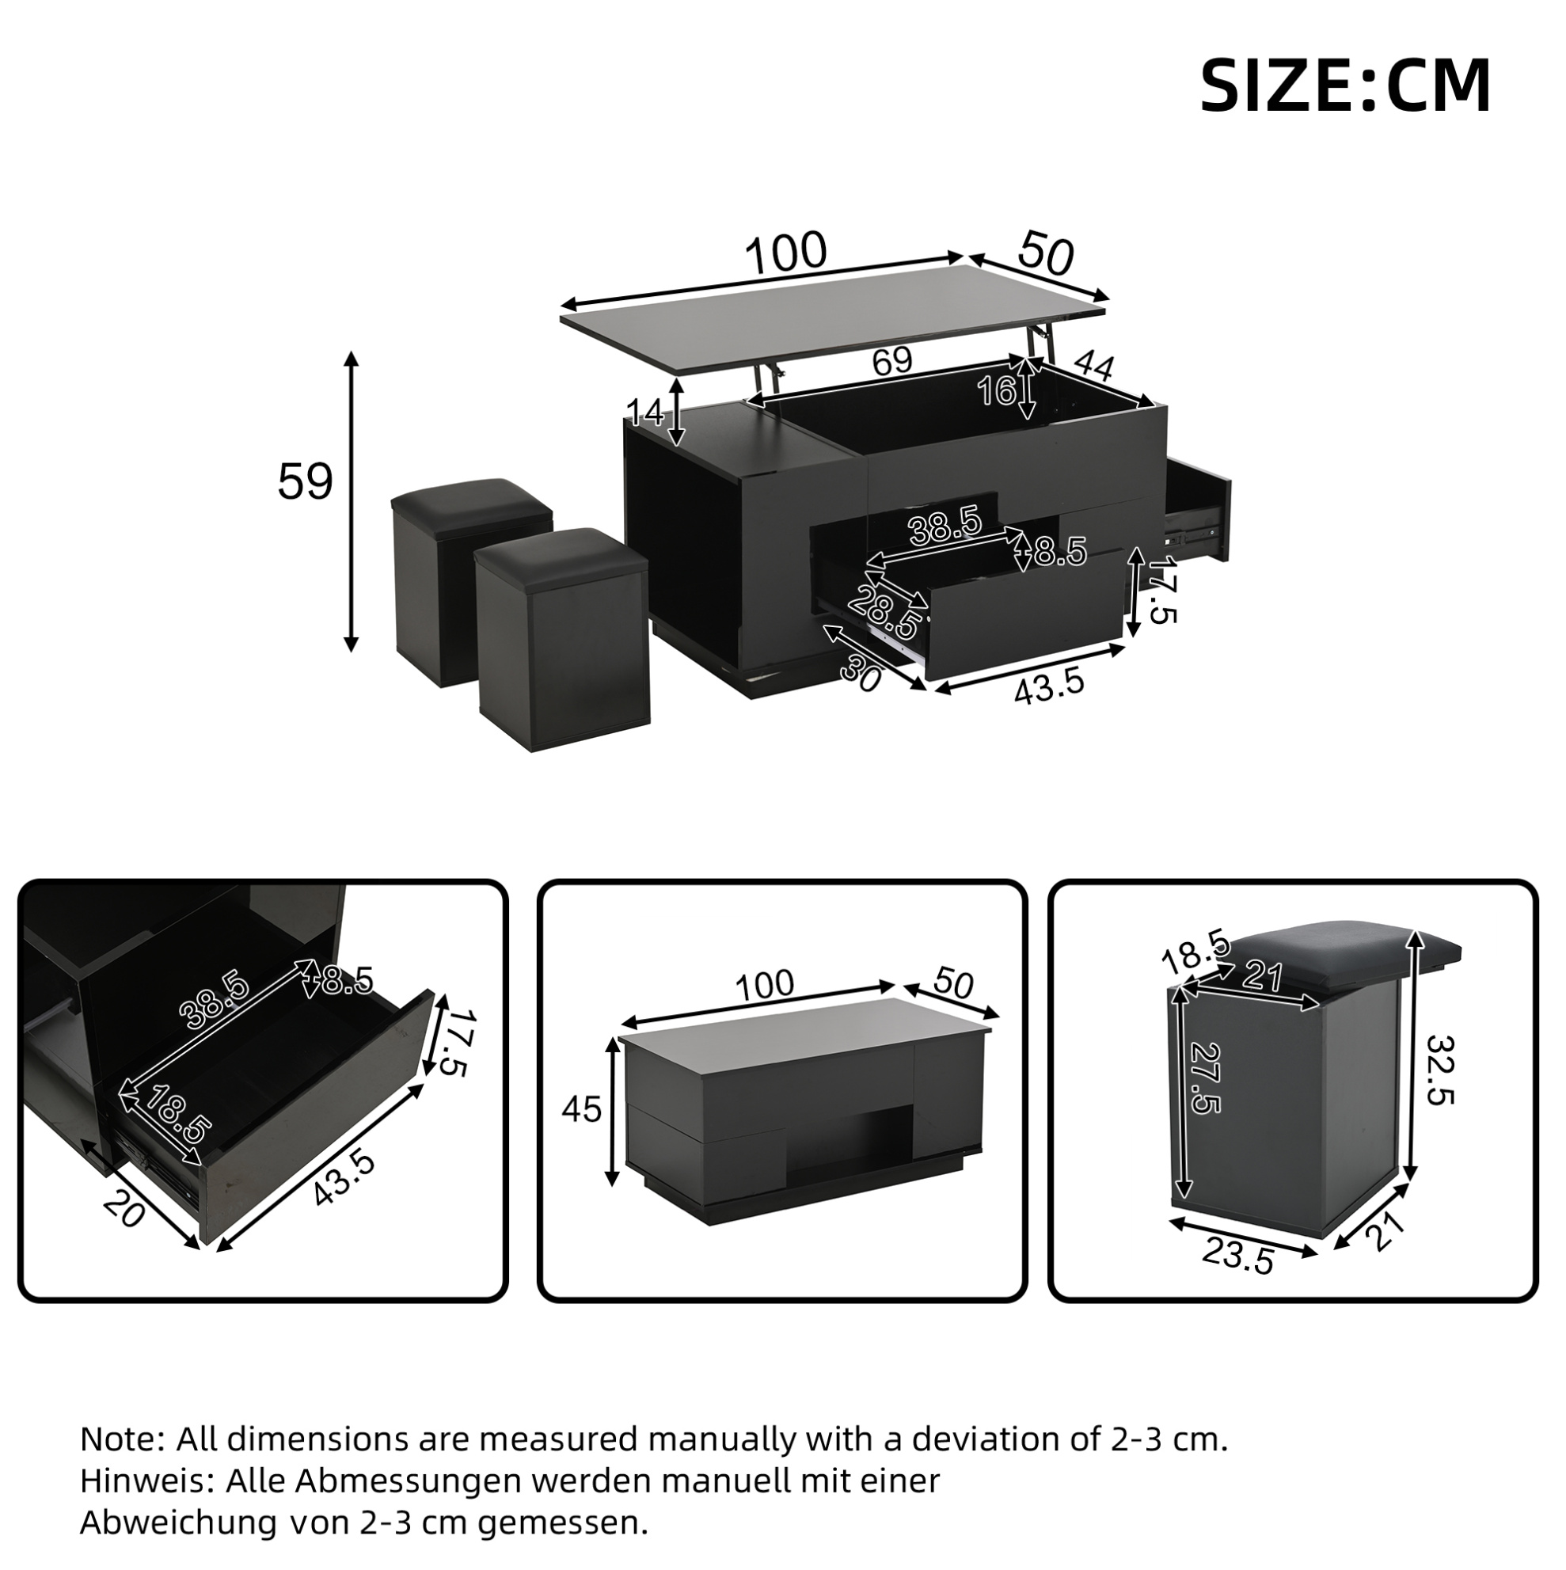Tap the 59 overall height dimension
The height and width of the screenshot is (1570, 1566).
pyautogui.click(x=306, y=482)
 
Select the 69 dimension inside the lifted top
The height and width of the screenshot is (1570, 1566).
pyautogui.click(x=892, y=361)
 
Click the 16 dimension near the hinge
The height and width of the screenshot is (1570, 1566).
pyautogui.click(x=996, y=391)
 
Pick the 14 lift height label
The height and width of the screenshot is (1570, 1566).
pyautogui.click(x=645, y=412)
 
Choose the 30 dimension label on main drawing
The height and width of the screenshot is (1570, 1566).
pyautogui.click(x=860, y=674)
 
